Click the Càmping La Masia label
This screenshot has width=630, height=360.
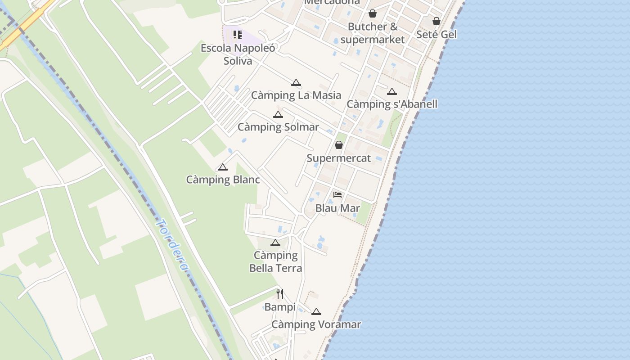pyautogui.click(x=296, y=95)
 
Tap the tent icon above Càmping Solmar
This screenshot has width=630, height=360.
pyautogui.click(x=278, y=114)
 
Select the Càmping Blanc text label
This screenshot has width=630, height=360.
pyautogui.click(x=223, y=180)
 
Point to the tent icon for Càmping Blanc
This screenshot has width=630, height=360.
pyautogui.click(x=223, y=167)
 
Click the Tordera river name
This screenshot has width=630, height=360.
pyautogui.click(x=172, y=245)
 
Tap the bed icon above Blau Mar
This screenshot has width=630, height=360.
pyautogui.click(x=337, y=195)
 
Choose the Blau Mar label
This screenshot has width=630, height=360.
pyautogui.click(x=337, y=208)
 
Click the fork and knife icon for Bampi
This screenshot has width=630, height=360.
pyautogui.click(x=280, y=294)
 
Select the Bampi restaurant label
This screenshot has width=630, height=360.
pyautogui.click(x=280, y=307)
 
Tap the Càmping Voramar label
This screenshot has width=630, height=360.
pyautogui.click(x=316, y=324)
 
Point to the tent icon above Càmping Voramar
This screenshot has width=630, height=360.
pyautogui.click(x=316, y=311)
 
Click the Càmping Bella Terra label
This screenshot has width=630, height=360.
pyautogui.click(x=275, y=262)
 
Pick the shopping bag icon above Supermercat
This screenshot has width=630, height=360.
pyautogui.click(x=339, y=145)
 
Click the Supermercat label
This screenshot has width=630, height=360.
pyautogui.click(x=339, y=158)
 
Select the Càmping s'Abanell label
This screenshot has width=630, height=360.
pyautogui.click(x=392, y=104)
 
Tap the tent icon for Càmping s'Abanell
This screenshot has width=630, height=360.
pyautogui.click(x=392, y=92)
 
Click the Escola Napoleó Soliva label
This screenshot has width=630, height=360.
pyautogui.click(x=238, y=54)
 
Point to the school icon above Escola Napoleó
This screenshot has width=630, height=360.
pyautogui.click(x=238, y=35)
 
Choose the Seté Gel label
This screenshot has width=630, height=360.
pyautogui.click(x=436, y=35)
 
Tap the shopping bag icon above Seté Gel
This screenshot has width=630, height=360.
pyautogui.click(x=436, y=21)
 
